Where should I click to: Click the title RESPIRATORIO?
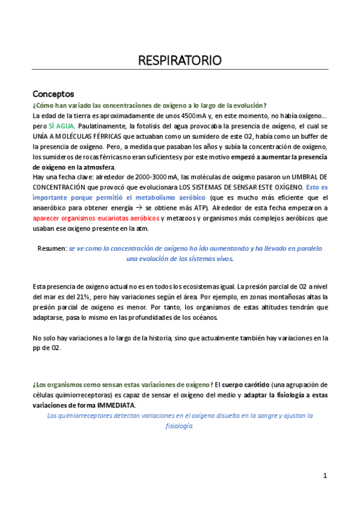180,60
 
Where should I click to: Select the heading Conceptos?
53,94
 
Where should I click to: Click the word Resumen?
52,248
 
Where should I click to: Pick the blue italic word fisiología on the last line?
179,426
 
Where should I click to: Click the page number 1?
325,476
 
